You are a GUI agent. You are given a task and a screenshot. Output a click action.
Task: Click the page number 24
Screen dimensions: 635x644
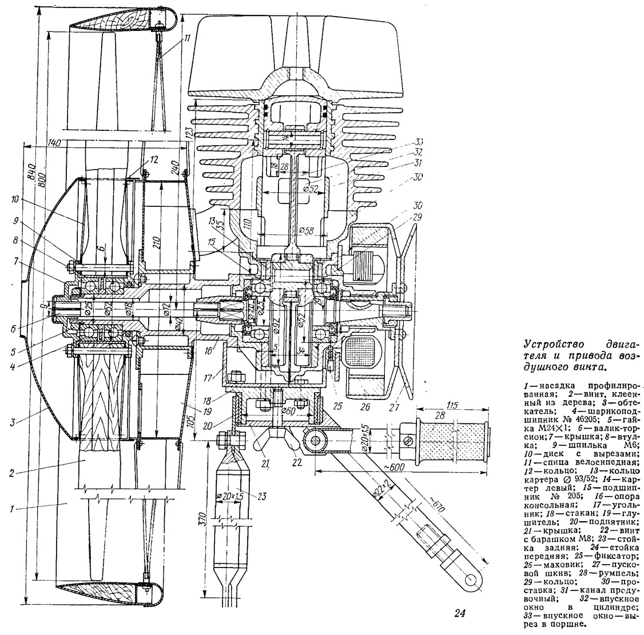tap(459, 615)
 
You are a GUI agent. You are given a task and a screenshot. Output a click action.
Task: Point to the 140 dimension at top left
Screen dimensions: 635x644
tap(55, 142)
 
